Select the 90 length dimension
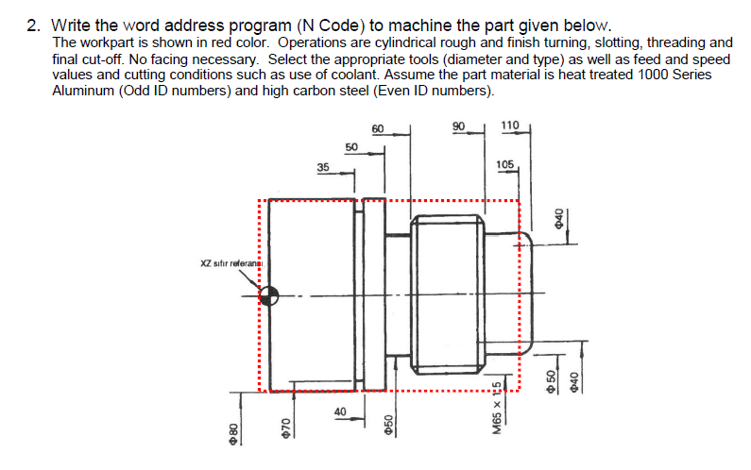coord(459,127)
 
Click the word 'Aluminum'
coord(82,91)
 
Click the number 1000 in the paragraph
coord(657,75)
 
